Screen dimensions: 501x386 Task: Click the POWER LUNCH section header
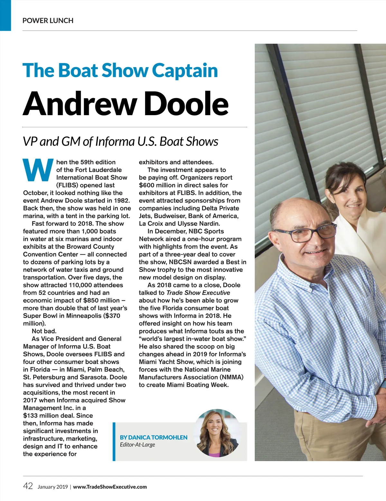pos(48,21)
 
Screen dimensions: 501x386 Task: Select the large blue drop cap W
pos(38,169)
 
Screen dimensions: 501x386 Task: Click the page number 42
pos(28,486)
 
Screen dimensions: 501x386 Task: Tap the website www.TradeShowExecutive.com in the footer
pos(110,487)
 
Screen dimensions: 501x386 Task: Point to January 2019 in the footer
pos(52,487)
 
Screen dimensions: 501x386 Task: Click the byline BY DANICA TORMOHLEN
pos(153,437)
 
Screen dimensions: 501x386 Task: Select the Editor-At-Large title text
pos(137,445)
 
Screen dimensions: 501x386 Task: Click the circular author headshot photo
pos(217,433)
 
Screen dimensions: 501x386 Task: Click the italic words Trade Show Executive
pos(198,293)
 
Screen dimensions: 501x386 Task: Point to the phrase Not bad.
pos(44,331)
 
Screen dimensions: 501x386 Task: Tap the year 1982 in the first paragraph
pos(122,201)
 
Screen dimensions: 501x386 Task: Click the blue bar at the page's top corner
pos(5,15)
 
